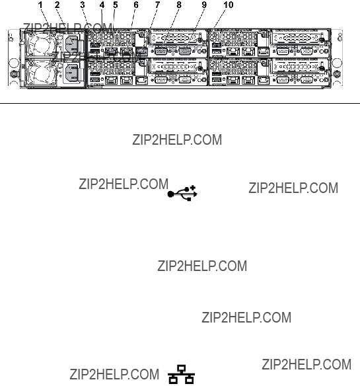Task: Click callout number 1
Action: [x=40, y=5]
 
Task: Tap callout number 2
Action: [x=57, y=5]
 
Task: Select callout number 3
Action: [x=83, y=5]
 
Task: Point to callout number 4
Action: [x=102, y=5]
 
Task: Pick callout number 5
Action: [x=115, y=5]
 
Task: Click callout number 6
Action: [x=136, y=5]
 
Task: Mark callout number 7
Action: [x=157, y=5]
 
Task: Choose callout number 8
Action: [x=179, y=5]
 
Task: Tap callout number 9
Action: [x=204, y=5]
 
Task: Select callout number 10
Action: [x=229, y=5]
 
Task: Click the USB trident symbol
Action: [x=182, y=193]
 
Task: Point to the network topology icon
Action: [x=182, y=374]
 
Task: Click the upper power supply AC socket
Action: [x=72, y=43]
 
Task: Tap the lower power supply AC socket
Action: [x=72, y=73]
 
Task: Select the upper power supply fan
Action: [x=41, y=45]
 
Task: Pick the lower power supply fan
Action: [x=41, y=73]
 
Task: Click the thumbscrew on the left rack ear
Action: [x=14, y=73]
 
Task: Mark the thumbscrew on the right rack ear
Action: [x=337, y=73]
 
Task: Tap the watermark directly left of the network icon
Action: [x=114, y=374]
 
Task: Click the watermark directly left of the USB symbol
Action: [x=124, y=184]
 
